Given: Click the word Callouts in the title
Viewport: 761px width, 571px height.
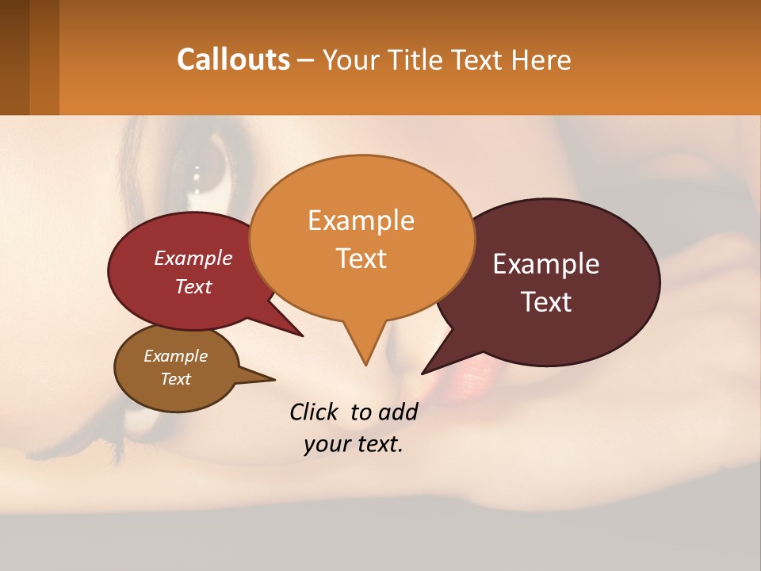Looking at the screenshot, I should pos(233,59).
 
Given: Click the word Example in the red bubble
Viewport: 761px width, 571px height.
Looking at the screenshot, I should pos(193,258).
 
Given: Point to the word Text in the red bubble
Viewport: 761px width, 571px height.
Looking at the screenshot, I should pos(193,286).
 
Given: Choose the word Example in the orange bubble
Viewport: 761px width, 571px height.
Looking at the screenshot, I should pos(361,220).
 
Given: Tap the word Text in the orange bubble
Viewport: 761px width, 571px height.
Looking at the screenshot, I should pos(361,259).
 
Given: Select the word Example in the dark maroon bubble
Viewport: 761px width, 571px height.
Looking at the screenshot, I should pos(546,264).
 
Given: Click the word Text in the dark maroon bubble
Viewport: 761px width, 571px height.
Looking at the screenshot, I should pos(546,302).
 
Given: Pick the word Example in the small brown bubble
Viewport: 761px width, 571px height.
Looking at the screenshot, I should pos(175,356).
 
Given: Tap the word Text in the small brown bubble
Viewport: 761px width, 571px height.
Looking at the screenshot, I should pos(175,379).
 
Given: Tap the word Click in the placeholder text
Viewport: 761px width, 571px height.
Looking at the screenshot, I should pos(315,412).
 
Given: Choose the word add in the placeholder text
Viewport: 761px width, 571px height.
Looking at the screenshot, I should pos(400,412).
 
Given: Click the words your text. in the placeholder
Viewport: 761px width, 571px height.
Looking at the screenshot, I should pos(353,444).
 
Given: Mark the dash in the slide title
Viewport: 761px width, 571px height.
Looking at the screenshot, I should pos(307,60).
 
